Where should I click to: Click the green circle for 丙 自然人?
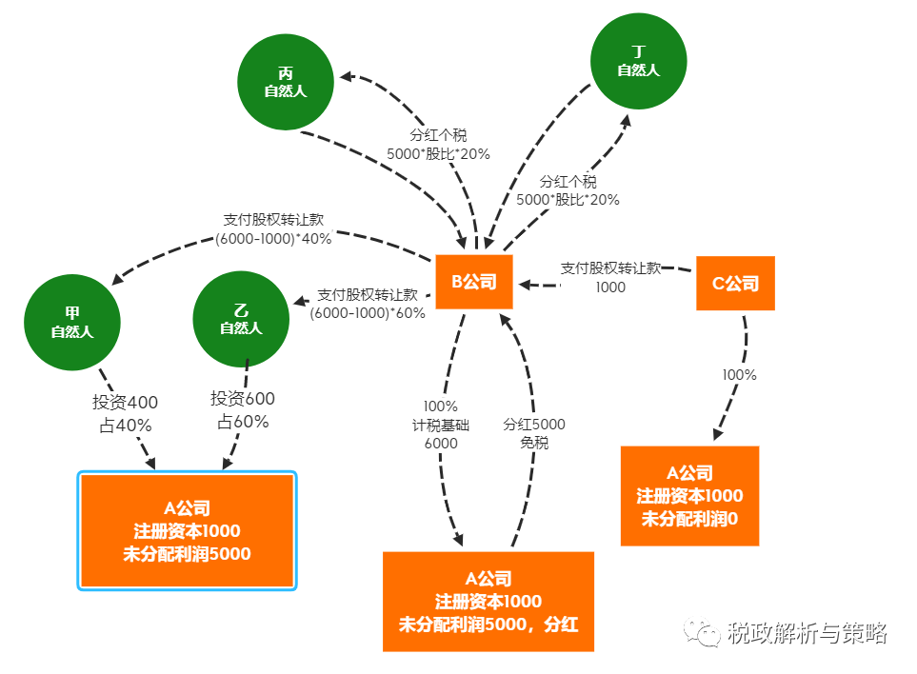[286, 82]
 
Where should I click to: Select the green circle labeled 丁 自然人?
[638, 60]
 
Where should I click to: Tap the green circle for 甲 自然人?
[72, 322]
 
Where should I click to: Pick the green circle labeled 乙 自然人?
[241, 319]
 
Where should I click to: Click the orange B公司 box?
[474, 283]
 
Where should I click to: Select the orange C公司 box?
[735, 283]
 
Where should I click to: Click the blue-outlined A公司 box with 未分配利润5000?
[187, 531]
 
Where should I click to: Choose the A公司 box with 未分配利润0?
[689, 495]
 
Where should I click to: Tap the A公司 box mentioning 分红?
[488, 602]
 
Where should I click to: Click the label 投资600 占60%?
[243, 410]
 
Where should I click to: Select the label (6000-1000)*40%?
[273, 239]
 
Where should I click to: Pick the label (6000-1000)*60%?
[368, 313]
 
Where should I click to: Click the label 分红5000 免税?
[533, 434]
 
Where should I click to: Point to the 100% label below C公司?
[739, 375]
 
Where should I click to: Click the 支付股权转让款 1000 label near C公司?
[610, 277]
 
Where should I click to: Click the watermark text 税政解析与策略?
[807, 632]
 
